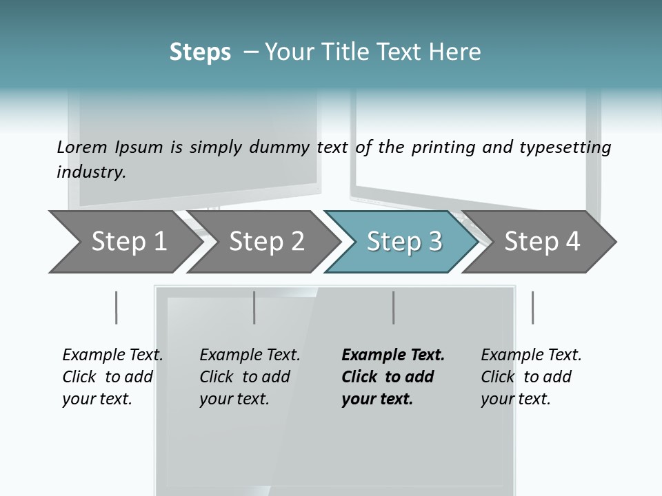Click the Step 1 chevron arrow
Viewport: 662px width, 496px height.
coord(124,242)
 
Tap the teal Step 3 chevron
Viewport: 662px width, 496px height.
coord(403,242)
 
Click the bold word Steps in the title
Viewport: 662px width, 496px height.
coord(200,52)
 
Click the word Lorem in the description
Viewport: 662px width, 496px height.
coord(81,147)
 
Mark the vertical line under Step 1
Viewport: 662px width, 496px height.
coord(116,307)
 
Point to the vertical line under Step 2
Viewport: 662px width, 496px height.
coord(254,307)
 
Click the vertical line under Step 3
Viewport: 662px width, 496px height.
coord(393,307)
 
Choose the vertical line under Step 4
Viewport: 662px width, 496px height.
coord(532,307)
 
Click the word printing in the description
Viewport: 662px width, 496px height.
coord(443,147)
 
